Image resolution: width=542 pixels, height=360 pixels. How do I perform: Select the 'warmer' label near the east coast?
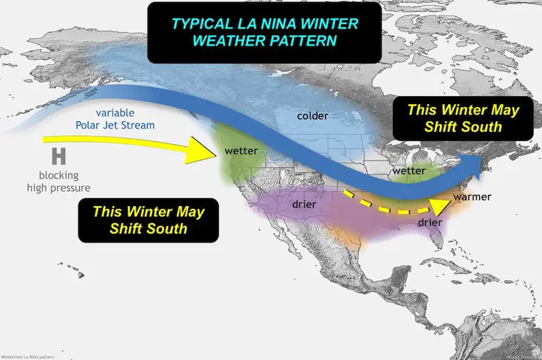pos(472,196)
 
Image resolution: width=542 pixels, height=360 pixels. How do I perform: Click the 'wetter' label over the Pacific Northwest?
pos(240,151)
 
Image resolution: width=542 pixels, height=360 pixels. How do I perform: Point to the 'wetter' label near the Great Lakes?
pos(409,172)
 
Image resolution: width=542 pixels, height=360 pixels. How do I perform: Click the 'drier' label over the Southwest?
pos(305,205)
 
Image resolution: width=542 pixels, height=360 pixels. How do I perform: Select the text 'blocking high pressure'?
pos(58,182)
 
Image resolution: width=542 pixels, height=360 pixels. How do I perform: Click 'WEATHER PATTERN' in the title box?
pos(265,41)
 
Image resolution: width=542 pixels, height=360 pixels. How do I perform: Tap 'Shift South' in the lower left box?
pos(148,229)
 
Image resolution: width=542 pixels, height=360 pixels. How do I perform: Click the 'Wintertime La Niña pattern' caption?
pos(26,356)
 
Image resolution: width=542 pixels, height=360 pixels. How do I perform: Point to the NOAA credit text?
pos(523,356)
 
